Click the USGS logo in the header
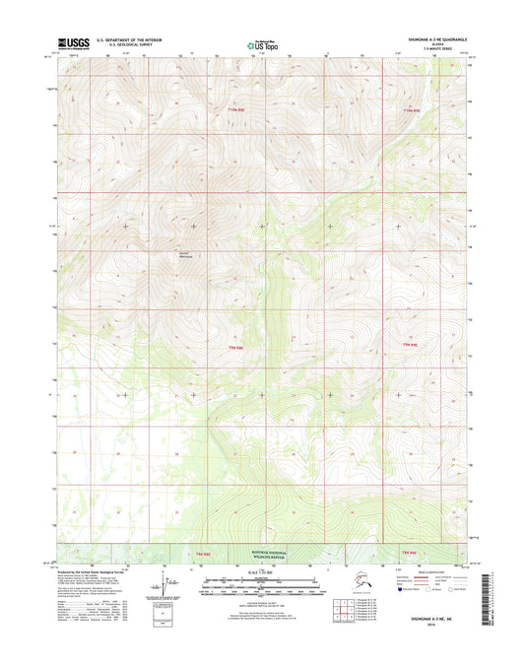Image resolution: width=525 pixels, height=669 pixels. pyautogui.click(x=74, y=42)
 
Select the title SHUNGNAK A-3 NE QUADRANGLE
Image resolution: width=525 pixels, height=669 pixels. pyautogui.click(x=430, y=38)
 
